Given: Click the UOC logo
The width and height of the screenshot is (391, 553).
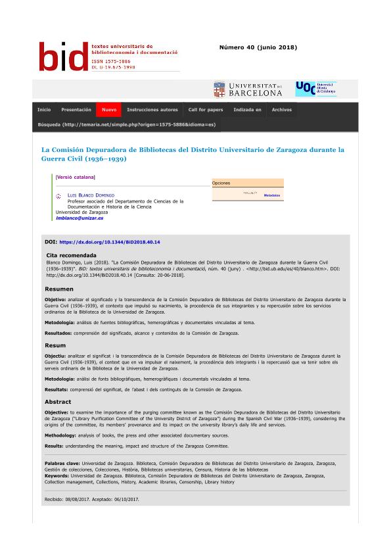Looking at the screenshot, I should tap(315, 89).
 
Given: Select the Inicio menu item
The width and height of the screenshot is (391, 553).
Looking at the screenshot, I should tap(44, 110).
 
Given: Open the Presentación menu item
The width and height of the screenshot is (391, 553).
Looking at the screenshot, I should tap(76, 110).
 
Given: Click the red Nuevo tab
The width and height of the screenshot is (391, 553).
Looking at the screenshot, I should tap(109, 110).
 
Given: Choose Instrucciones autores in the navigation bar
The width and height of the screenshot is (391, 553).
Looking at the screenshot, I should tap(152, 110).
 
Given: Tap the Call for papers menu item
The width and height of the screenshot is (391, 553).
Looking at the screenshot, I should tap(206, 110).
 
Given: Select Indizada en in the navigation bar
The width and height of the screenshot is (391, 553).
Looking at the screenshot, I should tap(247, 110).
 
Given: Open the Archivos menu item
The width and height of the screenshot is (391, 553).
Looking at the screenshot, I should tap(281, 110).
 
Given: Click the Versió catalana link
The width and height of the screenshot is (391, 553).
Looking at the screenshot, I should tap(76, 177).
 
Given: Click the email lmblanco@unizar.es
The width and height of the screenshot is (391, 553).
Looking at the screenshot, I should tap(80, 218).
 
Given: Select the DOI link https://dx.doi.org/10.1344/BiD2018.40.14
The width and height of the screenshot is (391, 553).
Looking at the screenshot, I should tap(110, 242).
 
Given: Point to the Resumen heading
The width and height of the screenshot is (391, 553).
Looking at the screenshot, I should tap(59, 289).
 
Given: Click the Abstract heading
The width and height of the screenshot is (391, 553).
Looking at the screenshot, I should tap(58, 401).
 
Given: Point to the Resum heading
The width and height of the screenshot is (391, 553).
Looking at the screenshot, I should tap(55, 345).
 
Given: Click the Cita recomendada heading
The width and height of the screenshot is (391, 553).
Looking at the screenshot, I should tap(72, 255).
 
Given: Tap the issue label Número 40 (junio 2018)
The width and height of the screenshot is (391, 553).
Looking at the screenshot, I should tap(258, 47).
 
